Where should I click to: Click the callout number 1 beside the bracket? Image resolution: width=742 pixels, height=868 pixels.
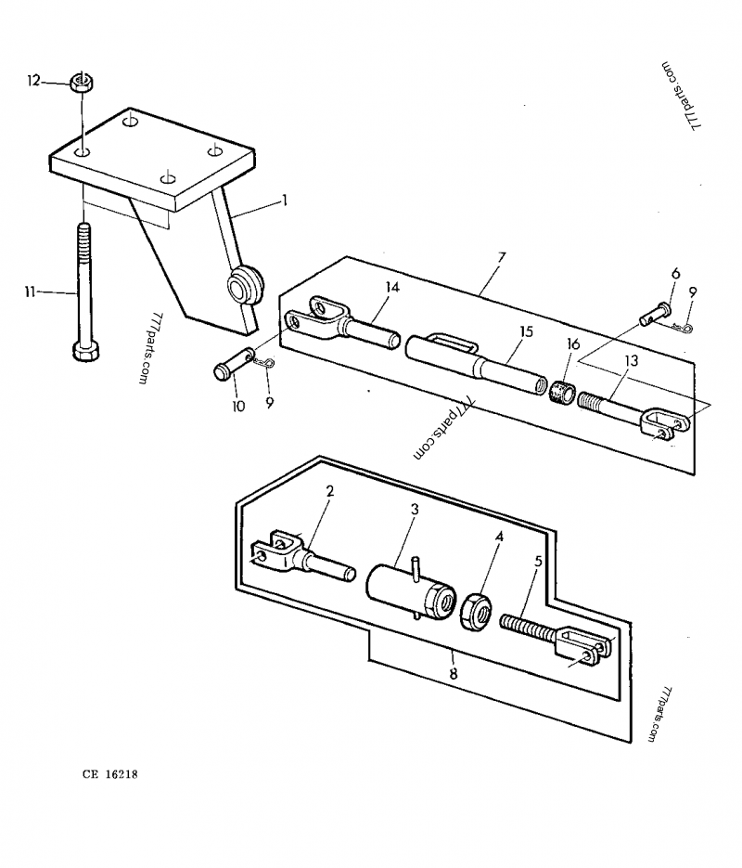click(x=285, y=199)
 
